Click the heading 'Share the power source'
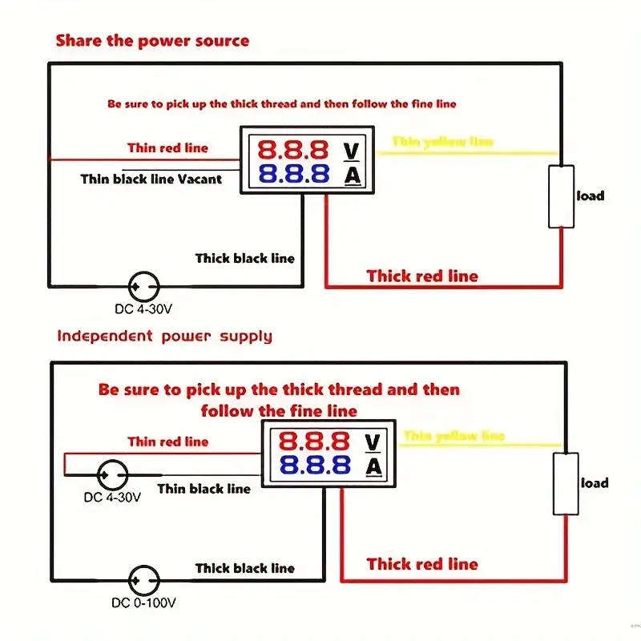152,41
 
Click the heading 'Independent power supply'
164,336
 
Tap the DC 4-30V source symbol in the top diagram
145,284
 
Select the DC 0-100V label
144,602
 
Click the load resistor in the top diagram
562,196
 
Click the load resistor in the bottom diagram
566,483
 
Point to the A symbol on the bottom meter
373,466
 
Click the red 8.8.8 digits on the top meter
292,149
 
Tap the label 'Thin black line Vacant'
151,179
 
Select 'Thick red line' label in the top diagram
422,276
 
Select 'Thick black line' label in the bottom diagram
245,568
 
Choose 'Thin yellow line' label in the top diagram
442,142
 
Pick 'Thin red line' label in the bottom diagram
167,441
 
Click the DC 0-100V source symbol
145,579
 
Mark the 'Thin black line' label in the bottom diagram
204,489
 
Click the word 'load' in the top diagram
591,196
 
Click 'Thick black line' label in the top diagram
245,258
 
